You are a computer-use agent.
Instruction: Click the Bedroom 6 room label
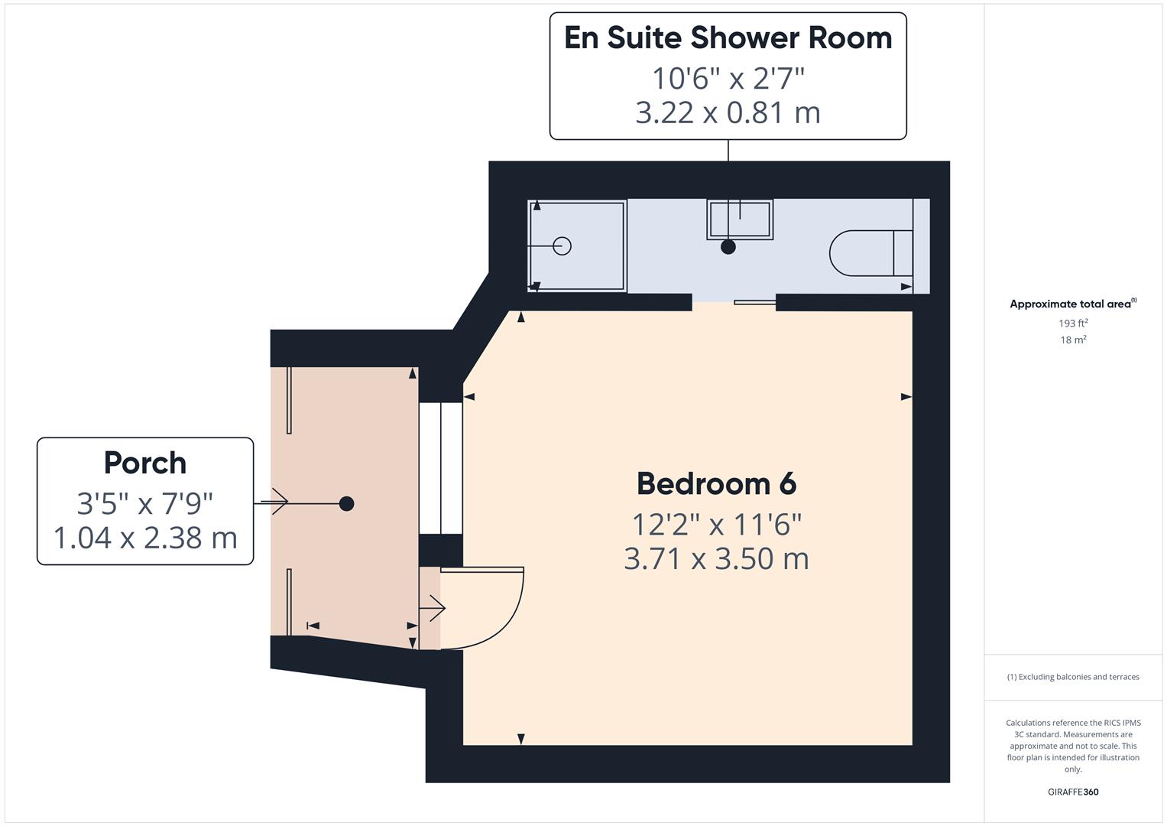pos(716,484)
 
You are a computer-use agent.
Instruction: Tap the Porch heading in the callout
pos(144,463)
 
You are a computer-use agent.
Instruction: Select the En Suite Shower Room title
pos(728,38)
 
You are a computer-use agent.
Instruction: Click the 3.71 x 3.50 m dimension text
pos(716,559)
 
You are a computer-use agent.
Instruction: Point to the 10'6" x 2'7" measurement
pos(728,78)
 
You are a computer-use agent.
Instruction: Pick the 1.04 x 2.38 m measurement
pos(144,538)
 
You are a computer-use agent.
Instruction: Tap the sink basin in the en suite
pos(739,220)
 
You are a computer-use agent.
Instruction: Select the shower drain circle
pos(562,246)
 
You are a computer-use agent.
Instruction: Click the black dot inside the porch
pos(346,503)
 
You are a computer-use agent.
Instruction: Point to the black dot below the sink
pos(728,247)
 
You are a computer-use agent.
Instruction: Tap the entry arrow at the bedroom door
pos(432,609)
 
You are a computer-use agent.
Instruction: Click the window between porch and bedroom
pos(440,467)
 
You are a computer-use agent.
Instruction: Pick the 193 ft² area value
pos(1073,324)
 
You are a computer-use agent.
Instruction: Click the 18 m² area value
pos(1073,340)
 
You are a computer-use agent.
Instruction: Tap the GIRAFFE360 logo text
pos(1073,792)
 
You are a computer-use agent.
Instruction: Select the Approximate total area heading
pos(1071,304)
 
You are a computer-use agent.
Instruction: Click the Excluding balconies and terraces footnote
pos(1073,677)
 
